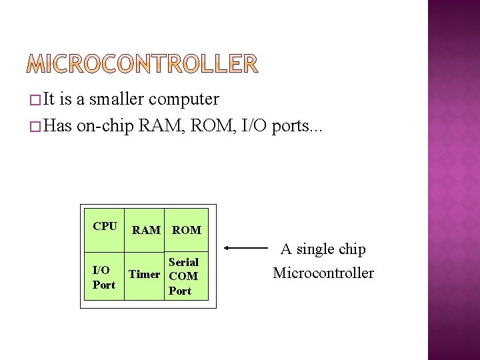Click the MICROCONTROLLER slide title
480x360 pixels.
[x=143, y=64]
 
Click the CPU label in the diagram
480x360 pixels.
[x=105, y=226]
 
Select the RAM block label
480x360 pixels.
[x=146, y=230]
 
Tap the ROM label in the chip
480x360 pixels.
[x=187, y=230]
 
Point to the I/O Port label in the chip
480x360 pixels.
[x=103, y=277]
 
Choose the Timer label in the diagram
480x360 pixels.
[x=144, y=274]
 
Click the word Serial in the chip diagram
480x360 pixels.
[x=183, y=262]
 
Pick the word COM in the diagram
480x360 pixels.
[x=183, y=276]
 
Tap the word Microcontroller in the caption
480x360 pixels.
[x=323, y=273]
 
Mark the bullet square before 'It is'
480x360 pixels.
[x=34, y=101]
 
